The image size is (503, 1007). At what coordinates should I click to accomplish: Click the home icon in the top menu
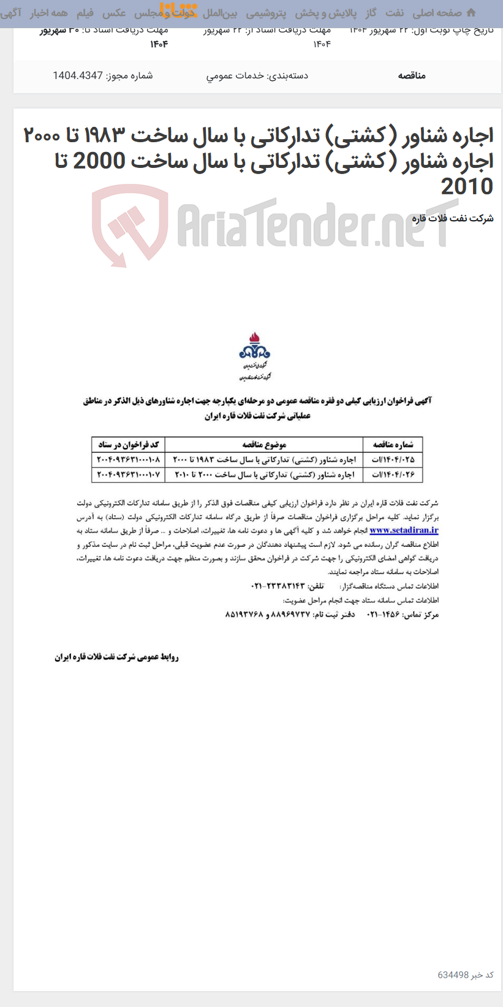pyautogui.click(x=471, y=13)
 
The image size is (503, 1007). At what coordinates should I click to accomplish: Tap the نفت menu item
pyautogui.click(x=394, y=13)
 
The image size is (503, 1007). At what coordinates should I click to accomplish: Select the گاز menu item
pyautogui.click(x=371, y=13)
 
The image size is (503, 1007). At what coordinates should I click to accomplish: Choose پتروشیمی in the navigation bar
pyautogui.click(x=266, y=13)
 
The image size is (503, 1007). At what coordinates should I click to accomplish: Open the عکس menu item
pyautogui.click(x=115, y=13)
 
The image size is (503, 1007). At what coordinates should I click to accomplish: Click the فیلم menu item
pyautogui.click(x=85, y=13)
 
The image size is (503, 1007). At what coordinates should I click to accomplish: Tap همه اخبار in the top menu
pyautogui.click(x=49, y=13)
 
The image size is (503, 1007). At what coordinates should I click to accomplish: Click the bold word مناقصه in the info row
pyautogui.click(x=412, y=75)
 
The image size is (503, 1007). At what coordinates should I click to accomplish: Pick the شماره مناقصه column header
pyautogui.click(x=393, y=444)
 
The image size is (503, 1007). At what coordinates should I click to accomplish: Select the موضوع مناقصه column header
pyautogui.click(x=264, y=444)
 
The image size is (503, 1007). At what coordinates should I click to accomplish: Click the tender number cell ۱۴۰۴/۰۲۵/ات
pyautogui.click(x=393, y=459)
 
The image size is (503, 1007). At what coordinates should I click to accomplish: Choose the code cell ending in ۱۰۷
pyautogui.click(x=129, y=474)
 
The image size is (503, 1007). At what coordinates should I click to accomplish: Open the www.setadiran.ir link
pyautogui.click(x=404, y=531)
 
